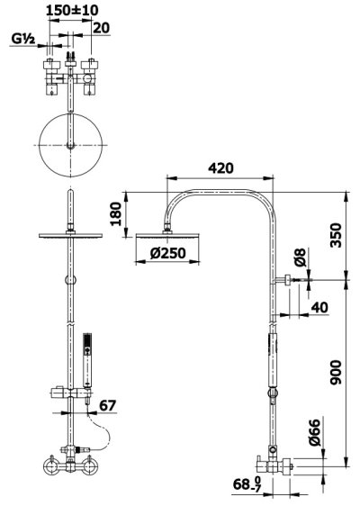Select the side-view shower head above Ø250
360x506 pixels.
pos(163,235)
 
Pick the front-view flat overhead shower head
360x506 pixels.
pos(67,236)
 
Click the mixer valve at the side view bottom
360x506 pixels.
pos(276,465)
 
